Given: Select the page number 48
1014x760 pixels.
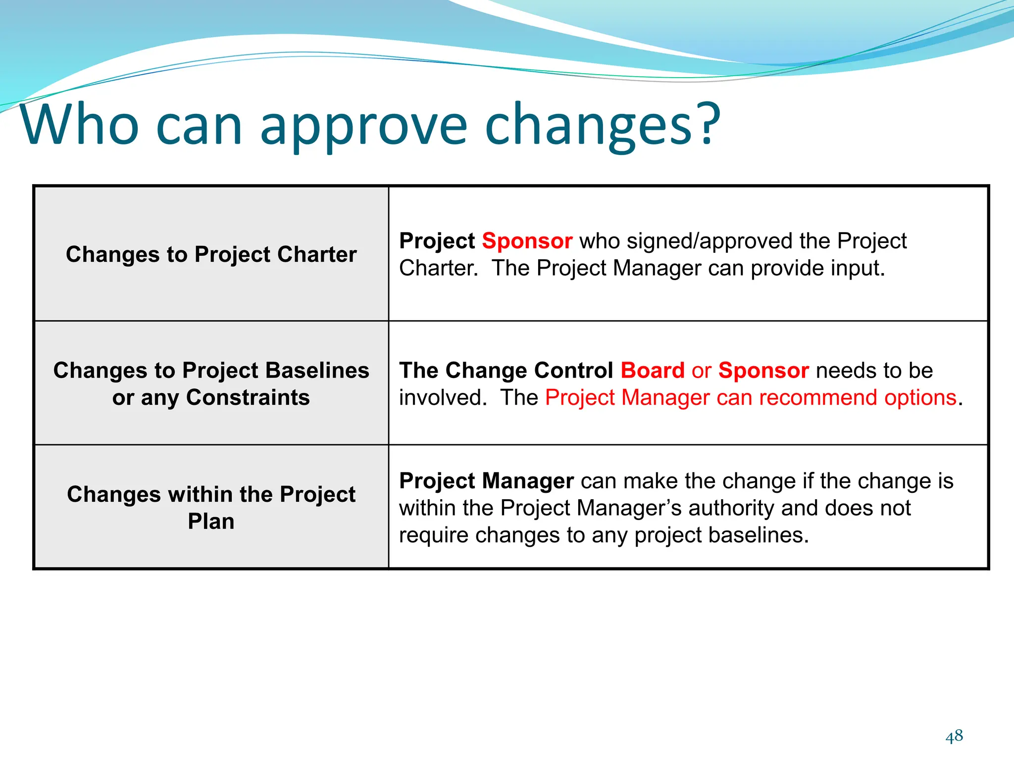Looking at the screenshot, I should point(954,736).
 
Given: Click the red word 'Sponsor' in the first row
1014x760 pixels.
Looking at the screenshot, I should point(527,241).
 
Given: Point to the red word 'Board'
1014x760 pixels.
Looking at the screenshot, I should point(652,371).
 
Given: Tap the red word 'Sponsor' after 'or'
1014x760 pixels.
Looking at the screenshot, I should point(763,371).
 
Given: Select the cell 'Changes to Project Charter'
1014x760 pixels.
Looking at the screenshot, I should point(211,254).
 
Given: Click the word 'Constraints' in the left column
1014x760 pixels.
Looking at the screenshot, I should point(248,398).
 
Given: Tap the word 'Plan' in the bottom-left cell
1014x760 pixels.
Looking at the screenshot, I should point(211,522).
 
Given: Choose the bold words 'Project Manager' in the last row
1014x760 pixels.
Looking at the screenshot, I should point(486,481).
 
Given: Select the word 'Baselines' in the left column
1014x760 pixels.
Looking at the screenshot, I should point(317,371).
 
